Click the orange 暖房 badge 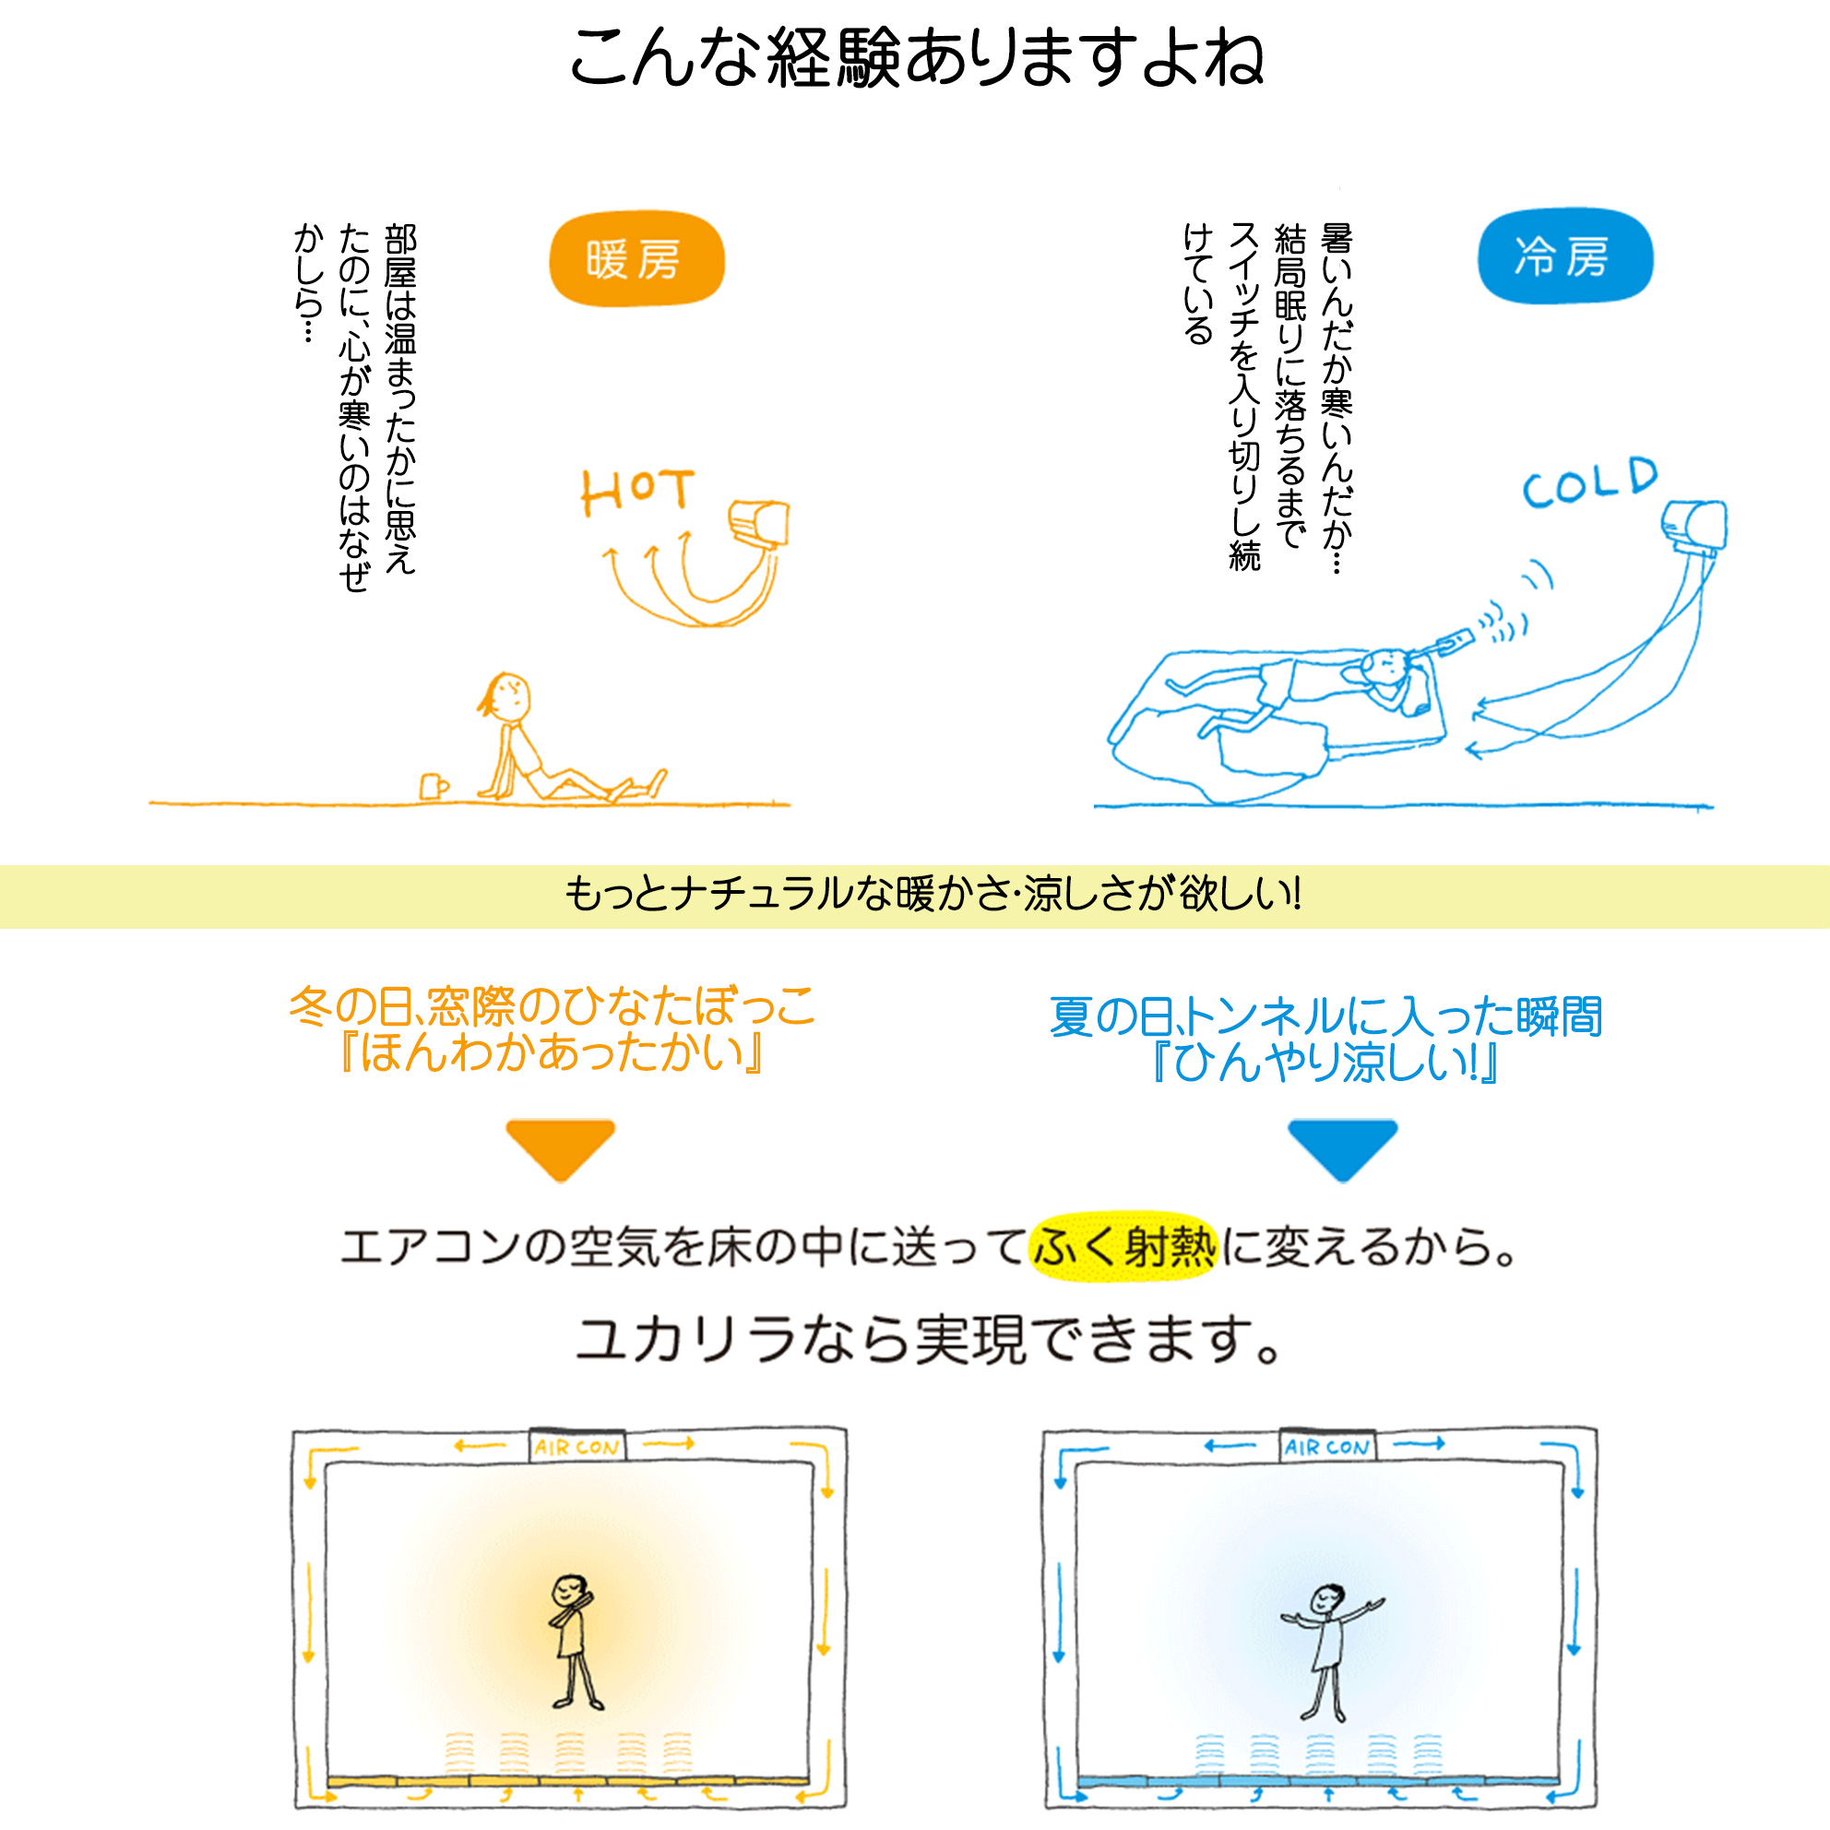click(x=636, y=258)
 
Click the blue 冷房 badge click(x=1564, y=255)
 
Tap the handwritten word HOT click(x=637, y=492)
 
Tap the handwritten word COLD click(x=1590, y=483)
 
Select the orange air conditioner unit click(x=758, y=523)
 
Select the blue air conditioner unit click(x=1694, y=526)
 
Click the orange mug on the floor click(x=434, y=786)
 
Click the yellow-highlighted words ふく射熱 click(x=1123, y=1246)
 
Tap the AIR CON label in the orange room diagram click(x=576, y=1447)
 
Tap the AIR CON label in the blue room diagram click(x=1327, y=1447)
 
